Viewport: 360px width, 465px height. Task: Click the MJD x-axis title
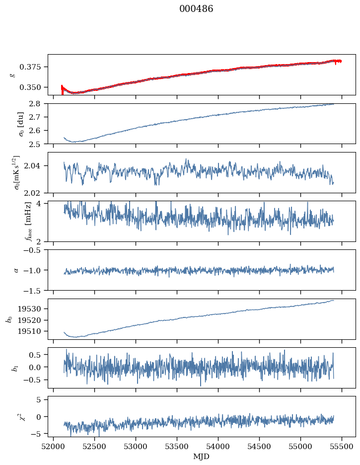(202, 457)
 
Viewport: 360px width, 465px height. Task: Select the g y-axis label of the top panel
(13, 75)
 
